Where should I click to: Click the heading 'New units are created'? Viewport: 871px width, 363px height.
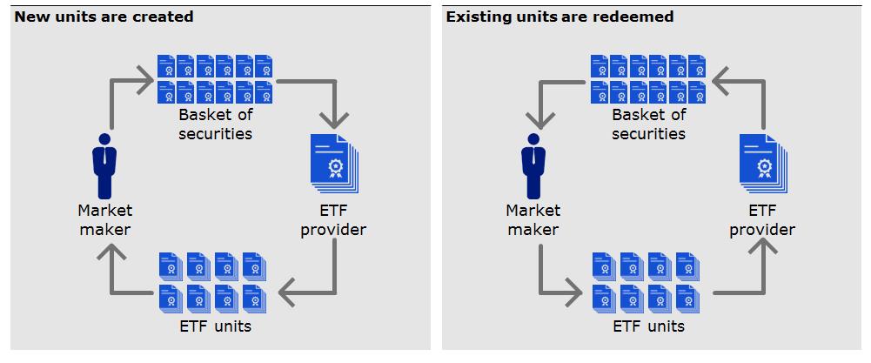[104, 17]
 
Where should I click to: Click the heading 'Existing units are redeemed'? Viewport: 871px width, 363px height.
[559, 17]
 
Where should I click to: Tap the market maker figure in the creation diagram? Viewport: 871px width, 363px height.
[104, 166]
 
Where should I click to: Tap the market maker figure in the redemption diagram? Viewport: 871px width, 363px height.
[533, 166]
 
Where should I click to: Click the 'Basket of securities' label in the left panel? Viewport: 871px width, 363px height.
[215, 124]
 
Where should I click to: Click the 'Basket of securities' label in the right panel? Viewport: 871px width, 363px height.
[648, 124]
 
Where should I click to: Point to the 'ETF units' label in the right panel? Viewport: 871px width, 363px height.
[648, 326]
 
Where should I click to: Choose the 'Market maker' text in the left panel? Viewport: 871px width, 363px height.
[104, 220]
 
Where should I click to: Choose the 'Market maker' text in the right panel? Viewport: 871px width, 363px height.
[533, 220]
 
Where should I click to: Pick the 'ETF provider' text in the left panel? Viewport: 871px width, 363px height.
[332, 220]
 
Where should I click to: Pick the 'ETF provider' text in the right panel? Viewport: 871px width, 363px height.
[762, 220]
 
